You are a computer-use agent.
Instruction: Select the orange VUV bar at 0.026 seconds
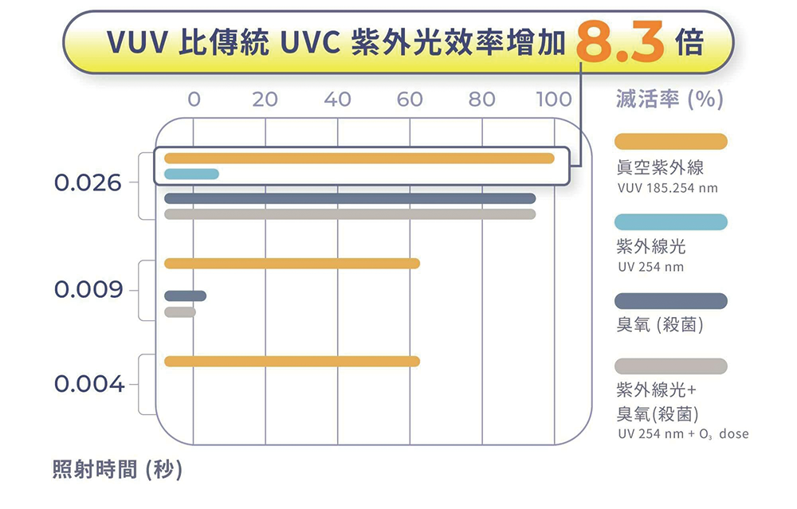coord(359,159)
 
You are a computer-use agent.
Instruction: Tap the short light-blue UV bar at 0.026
coord(191,174)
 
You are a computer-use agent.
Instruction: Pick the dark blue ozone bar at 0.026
coord(350,198)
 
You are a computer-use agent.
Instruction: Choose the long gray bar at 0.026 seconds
coord(350,214)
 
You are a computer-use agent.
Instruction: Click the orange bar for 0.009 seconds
coord(292,264)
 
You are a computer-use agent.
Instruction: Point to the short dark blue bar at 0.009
coord(185,296)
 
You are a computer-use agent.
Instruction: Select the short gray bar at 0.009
coord(180,312)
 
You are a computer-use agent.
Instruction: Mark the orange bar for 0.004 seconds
coord(292,362)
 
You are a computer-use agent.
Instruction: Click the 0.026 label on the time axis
coord(88,183)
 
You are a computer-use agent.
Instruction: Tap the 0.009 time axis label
coord(88,289)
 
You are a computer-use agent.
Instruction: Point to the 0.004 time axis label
coord(88,385)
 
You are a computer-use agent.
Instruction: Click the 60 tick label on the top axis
coord(410,100)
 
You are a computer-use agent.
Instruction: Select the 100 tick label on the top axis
coord(553,100)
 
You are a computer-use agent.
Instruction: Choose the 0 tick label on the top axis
coord(194,100)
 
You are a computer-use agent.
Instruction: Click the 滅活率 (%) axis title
coord(669,99)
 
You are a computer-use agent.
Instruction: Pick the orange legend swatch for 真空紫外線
coord(671,141)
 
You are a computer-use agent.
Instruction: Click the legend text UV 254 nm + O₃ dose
coord(683,435)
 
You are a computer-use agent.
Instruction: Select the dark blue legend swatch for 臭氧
coord(671,300)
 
